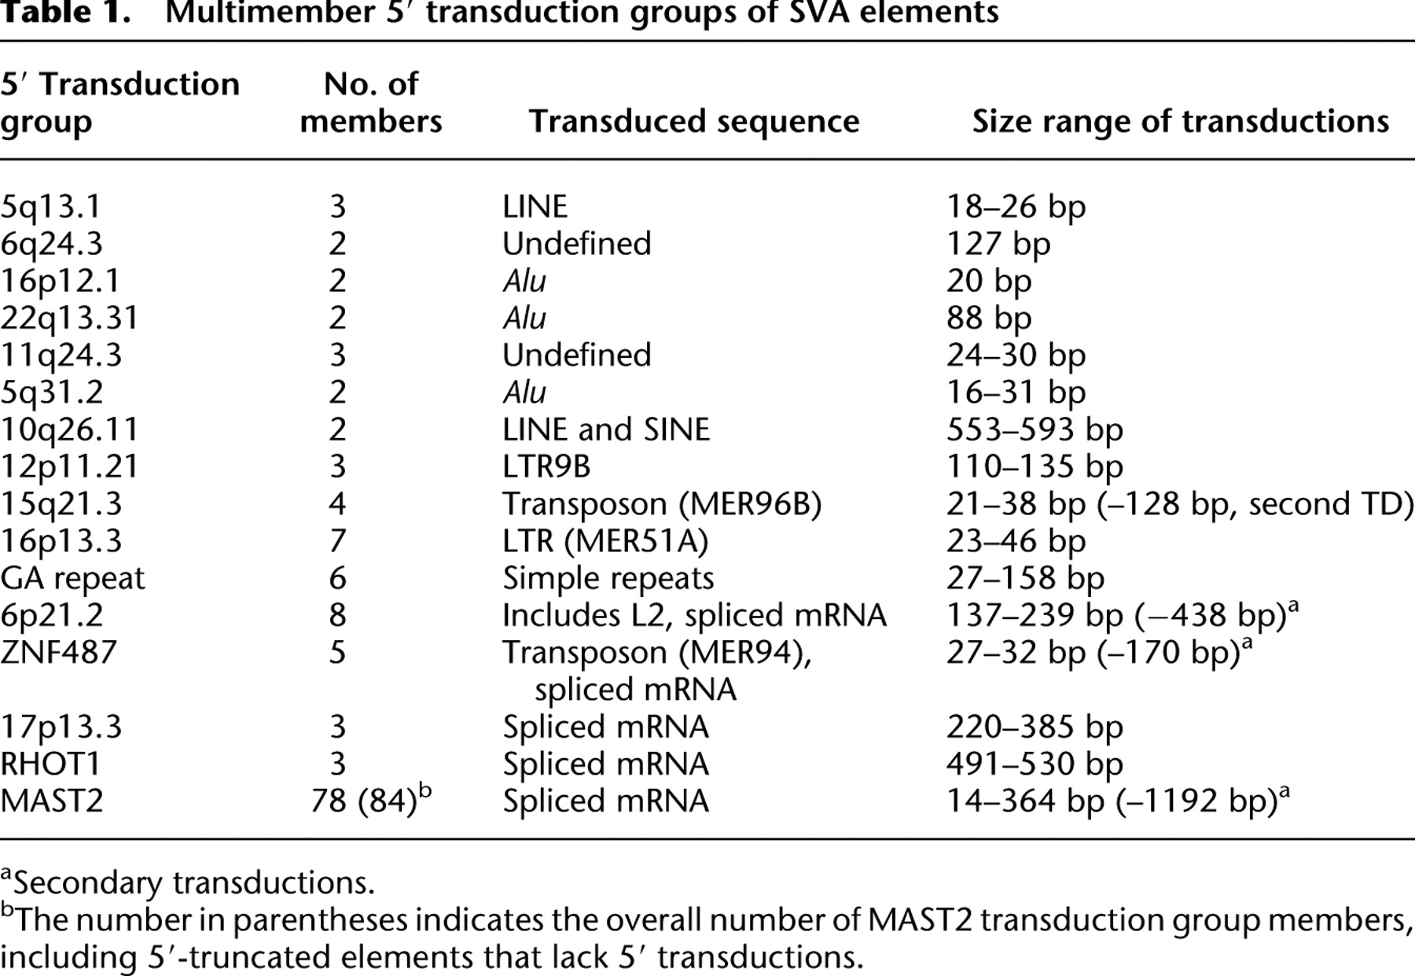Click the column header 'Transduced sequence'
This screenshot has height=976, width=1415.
coord(694,122)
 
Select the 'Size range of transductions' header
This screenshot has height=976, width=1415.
coord(1181,122)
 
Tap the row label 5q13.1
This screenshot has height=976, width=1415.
coord(52,208)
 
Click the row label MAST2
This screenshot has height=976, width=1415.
coord(52,801)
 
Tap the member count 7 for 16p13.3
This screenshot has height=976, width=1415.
coord(337,542)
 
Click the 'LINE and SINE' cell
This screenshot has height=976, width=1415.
coord(606,430)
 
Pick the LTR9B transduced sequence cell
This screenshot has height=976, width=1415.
coord(546,467)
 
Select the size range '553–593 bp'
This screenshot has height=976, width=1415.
coord(1035,430)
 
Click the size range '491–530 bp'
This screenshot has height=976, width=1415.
coord(1035,764)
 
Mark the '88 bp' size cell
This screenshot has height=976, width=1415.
coord(988,319)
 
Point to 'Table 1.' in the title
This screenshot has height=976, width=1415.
coord(72,13)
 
